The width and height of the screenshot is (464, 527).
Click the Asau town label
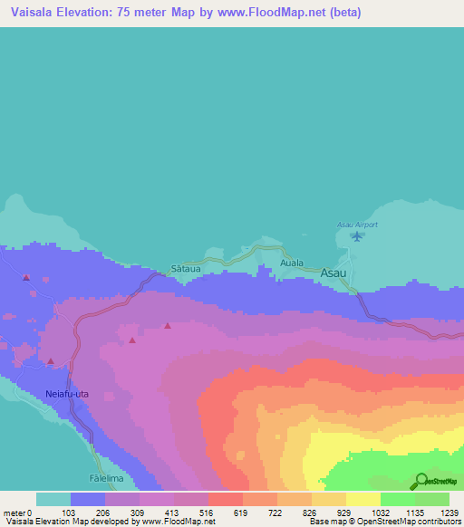pos(334,271)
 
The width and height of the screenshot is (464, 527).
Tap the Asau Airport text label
pos(357,224)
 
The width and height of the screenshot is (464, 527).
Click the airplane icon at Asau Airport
pos(357,237)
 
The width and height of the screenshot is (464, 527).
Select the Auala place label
pos(292,263)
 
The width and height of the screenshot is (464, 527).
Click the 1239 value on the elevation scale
pos(448,512)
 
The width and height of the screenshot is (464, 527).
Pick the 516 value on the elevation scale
pos(207,512)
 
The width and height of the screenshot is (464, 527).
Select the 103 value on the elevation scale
pos(67,512)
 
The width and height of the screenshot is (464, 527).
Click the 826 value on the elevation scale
pos(311,512)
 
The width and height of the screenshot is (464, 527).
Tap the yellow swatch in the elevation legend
pos(362,499)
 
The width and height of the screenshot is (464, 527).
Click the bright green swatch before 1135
pos(397,499)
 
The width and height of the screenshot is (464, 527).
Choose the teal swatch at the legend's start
pos(53,499)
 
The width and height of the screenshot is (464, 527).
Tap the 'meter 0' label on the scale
pos(18,512)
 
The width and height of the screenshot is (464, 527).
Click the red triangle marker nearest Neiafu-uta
pos(51,361)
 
